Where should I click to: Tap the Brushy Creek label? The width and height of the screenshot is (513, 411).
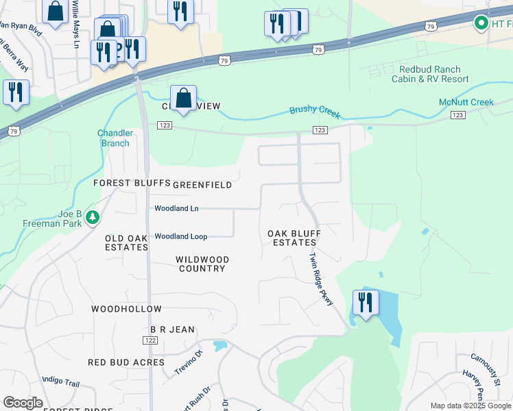coord(315,111)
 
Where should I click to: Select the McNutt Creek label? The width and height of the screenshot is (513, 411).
coord(466,103)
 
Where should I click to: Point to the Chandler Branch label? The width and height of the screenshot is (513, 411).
coord(113,138)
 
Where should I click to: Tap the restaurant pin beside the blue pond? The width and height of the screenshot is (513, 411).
coord(365,302)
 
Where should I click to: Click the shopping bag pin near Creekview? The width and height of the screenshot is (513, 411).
coord(184,98)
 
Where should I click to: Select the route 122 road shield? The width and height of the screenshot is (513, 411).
coord(151,340)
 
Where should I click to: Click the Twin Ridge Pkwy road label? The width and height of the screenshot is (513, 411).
coord(320,279)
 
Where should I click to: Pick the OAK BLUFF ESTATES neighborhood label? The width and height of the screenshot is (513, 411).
coord(294,238)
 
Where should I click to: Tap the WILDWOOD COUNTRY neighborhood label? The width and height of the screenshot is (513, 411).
coord(202,264)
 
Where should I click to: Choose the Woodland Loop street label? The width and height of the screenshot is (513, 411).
coord(180,236)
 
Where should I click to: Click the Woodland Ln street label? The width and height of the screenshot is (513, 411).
coord(176,208)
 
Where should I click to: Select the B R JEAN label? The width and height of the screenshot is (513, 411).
coord(172,329)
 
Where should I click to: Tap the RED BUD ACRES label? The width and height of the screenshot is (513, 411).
coord(126,362)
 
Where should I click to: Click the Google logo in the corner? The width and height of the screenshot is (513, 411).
coord(23,403)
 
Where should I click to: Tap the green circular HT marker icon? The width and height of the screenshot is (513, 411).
coord(481,24)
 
